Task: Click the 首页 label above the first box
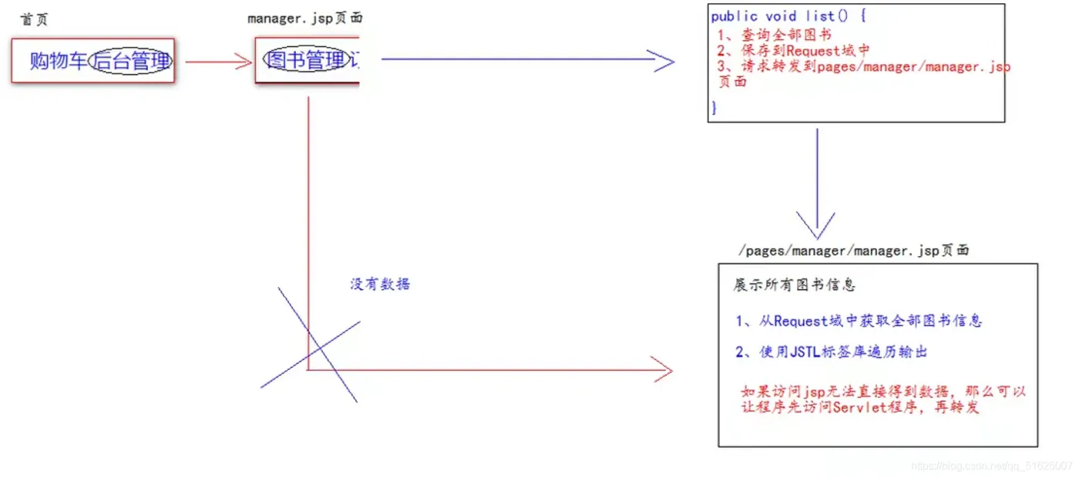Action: pyautogui.click(x=35, y=19)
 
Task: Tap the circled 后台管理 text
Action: pyautogui.click(x=130, y=61)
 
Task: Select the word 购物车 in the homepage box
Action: pyautogui.click(x=59, y=61)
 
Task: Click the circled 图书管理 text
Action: pyautogui.click(x=306, y=60)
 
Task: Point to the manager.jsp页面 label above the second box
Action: pyautogui.click(x=304, y=19)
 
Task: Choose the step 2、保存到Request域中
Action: pyautogui.click(x=793, y=50)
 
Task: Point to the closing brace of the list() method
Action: pyautogui.click(x=714, y=107)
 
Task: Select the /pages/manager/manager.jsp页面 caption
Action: pyautogui.click(x=853, y=251)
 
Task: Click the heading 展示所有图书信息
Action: pyautogui.click(x=794, y=285)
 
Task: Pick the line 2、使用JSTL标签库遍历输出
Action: pyautogui.click(x=831, y=352)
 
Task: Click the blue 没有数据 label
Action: pyautogui.click(x=380, y=284)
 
